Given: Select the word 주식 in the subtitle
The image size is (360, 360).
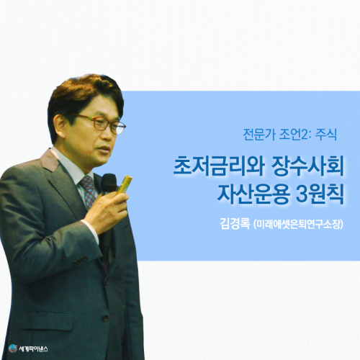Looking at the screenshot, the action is tap(326, 135).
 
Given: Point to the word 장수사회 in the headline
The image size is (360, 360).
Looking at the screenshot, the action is tap(307, 166).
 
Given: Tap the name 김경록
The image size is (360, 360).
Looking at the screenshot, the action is tap(235, 223).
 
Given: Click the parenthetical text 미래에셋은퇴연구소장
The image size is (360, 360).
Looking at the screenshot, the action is tap(297, 224).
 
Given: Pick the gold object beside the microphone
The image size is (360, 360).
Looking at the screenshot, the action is tap(125, 184).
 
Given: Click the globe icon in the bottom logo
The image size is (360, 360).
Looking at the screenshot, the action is tap(13, 348).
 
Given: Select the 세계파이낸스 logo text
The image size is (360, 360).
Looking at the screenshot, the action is tap(33, 348).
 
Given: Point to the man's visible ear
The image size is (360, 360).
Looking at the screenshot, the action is tap(59, 125).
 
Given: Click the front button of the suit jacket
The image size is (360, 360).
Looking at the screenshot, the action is tap(106, 318).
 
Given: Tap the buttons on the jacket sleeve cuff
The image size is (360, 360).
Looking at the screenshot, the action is tap(80, 261).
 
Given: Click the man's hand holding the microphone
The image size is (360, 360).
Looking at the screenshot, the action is tap(106, 211).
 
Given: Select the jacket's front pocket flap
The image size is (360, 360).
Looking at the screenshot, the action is tap(46, 321).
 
